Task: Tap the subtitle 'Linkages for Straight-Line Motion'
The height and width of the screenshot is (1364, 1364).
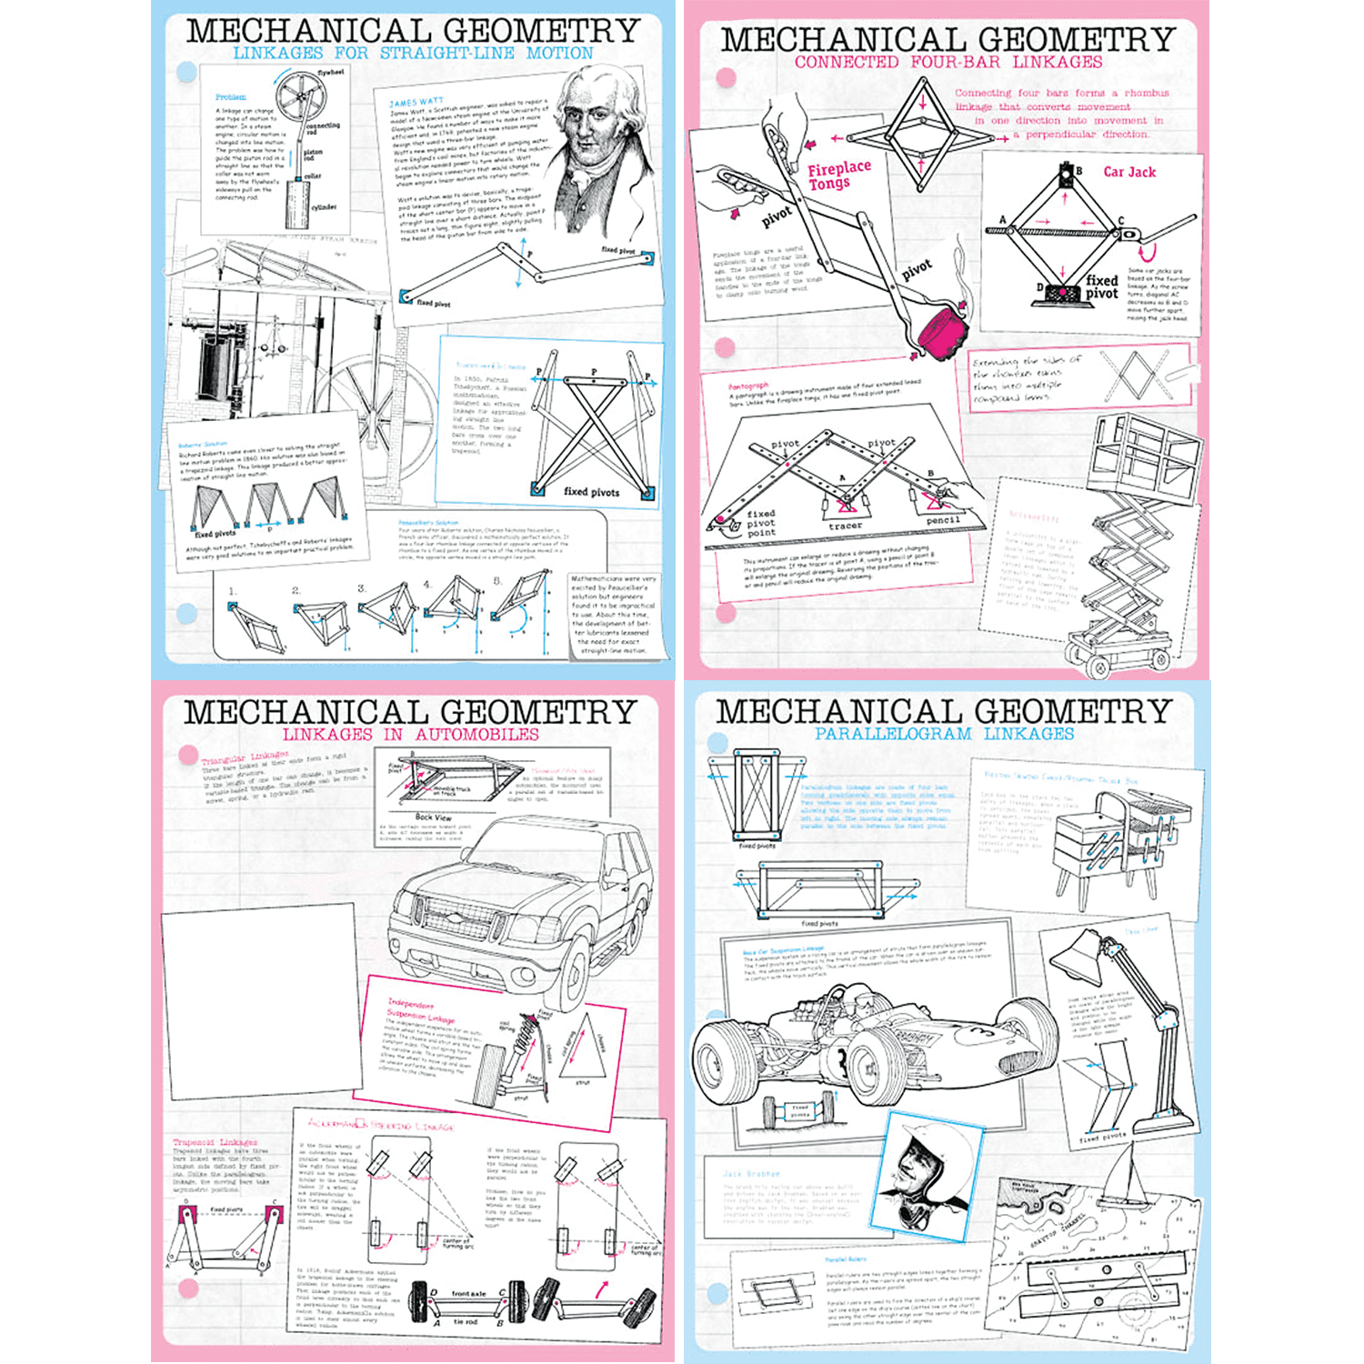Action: tap(413, 54)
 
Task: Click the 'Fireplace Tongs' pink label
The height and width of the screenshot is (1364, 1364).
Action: tap(838, 175)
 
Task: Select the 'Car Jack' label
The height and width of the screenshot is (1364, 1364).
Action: tap(1129, 172)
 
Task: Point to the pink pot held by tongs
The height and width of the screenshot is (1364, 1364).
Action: tap(942, 331)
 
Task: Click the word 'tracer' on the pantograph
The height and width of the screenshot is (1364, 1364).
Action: tap(845, 526)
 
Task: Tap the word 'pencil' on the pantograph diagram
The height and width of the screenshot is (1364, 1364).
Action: tap(943, 520)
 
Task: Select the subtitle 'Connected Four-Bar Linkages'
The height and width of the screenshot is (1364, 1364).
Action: tap(948, 63)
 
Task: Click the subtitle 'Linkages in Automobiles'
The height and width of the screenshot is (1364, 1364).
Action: tap(410, 735)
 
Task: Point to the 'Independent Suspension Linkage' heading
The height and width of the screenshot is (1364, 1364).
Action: tap(420, 1010)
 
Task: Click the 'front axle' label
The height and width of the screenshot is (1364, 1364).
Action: tap(468, 1293)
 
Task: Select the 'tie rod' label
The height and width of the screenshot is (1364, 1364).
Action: tap(465, 1321)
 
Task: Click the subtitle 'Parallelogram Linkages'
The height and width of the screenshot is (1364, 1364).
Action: tap(944, 734)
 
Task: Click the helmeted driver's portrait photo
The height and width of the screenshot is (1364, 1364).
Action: tap(934, 1173)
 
